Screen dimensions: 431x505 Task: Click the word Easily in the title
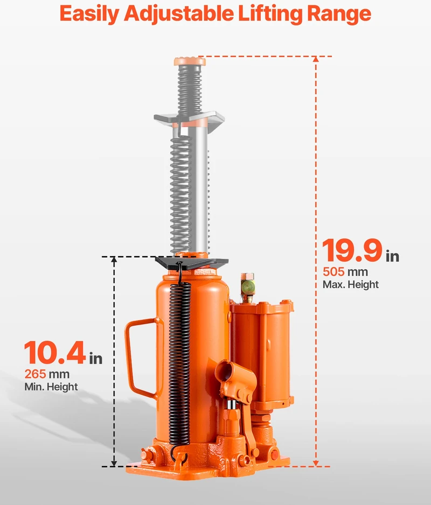[89, 14]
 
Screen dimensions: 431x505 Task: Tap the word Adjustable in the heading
[178, 14]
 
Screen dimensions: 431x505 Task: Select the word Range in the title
[338, 14]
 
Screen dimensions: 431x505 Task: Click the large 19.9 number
[352, 250]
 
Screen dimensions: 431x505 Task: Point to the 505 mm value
[345, 272]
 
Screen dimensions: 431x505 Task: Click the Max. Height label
[351, 285]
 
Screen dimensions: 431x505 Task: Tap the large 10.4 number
[55, 353]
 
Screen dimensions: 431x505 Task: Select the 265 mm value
[47, 374]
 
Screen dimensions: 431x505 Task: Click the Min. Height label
[51, 387]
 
